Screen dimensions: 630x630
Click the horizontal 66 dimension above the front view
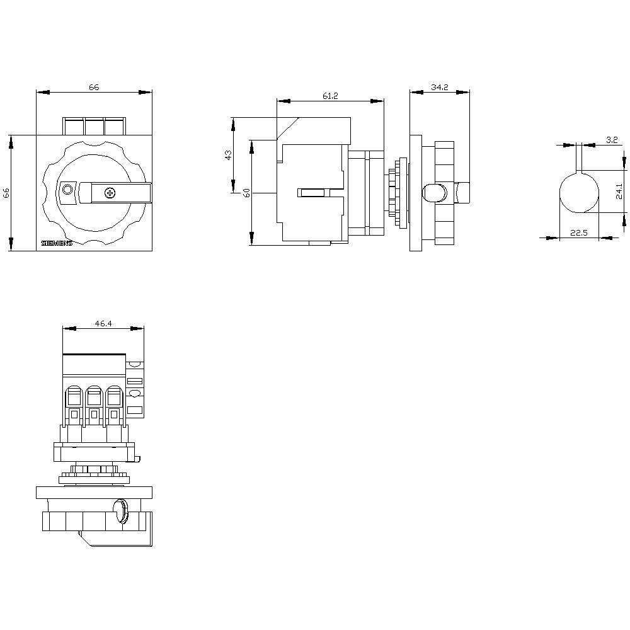click(x=93, y=88)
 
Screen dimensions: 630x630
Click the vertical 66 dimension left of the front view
click(x=6, y=193)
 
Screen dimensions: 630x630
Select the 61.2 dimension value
click(x=330, y=96)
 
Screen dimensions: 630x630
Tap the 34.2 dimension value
click(x=439, y=88)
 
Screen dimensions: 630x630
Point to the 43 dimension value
click(x=228, y=154)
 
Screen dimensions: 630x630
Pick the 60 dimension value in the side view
click(x=247, y=193)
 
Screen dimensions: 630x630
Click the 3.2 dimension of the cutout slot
click(x=611, y=140)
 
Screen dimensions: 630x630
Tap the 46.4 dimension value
click(x=103, y=323)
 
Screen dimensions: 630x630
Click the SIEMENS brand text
click(x=57, y=243)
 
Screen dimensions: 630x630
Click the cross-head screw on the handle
click(x=110, y=192)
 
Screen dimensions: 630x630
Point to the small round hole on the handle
click(x=67, y=190)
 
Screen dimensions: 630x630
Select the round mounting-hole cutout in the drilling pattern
click(x=580, y=193)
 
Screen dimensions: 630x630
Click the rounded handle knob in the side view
click(x=433, y=193)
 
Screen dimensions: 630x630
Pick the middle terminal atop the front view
click(x=94, y=126)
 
